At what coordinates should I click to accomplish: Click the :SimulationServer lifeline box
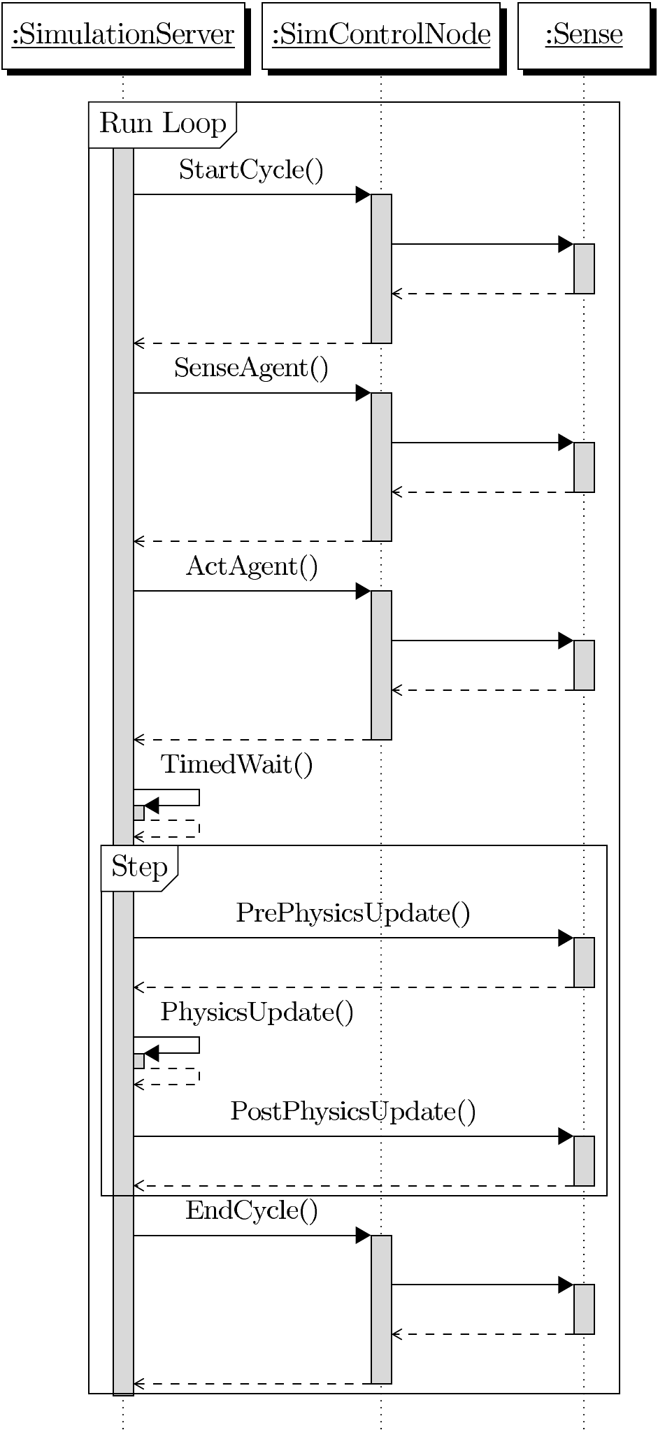123,35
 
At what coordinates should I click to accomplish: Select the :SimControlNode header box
381,35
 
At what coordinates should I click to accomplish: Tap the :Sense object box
584,35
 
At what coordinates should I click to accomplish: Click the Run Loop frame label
162,124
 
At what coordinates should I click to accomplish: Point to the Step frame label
139,867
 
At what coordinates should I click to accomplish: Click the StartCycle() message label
251,170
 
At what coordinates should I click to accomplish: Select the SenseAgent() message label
251,368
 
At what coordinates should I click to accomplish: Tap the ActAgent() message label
252,566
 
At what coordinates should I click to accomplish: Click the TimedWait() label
237,764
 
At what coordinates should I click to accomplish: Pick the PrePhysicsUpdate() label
353,913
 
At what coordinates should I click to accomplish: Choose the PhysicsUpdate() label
257,1013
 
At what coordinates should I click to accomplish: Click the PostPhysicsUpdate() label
353,1111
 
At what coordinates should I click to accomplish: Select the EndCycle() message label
252,1210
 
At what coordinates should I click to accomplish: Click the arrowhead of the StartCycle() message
364,194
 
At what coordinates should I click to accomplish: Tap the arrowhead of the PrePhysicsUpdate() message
566,938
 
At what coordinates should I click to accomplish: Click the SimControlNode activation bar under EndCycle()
381,1309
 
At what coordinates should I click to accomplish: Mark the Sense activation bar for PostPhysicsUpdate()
584,1161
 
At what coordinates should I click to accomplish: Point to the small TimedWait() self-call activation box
138,813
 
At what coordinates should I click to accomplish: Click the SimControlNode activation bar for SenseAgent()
381,466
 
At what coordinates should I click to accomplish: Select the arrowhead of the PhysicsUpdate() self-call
151,1053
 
